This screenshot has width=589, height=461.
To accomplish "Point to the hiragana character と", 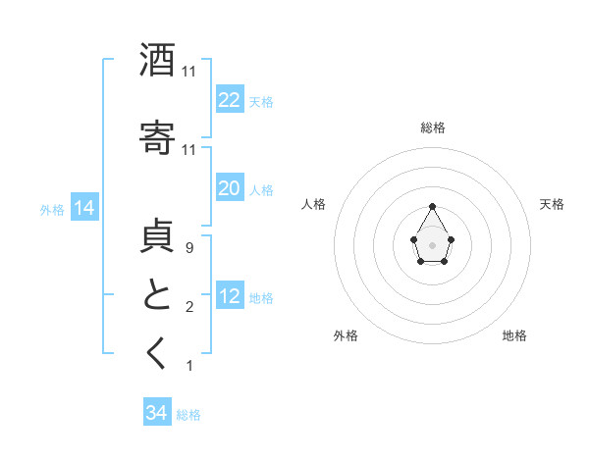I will click(157, 295).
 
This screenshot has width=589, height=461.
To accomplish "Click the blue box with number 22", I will click(229, 100).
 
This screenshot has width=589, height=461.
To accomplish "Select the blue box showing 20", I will click(229, 188).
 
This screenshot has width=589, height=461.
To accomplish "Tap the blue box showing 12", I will click(229, 296).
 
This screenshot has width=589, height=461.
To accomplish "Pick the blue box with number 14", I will click(83, 208).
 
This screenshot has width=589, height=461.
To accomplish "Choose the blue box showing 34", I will click(156, 413).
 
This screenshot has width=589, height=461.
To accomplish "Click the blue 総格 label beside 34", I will click(188, 415).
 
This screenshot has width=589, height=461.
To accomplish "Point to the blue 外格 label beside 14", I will click(52, 209).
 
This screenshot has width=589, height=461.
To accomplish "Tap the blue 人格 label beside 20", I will click(261, 189).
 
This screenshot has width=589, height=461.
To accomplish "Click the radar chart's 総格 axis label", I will click(433, 128).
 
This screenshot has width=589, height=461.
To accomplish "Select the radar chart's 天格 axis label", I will click(552, 204).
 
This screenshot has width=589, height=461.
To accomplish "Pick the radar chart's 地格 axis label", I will click(514, 335).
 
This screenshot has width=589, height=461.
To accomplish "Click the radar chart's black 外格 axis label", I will click(346, 335).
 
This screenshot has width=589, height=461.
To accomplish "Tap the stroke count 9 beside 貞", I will click(188, 249).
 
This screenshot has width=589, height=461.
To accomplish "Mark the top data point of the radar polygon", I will click(433, 207).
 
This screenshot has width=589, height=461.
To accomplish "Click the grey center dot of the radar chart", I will click(433, 244).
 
